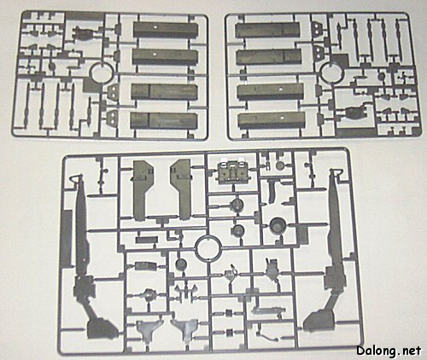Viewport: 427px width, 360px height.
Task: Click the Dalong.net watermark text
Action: [389, 351]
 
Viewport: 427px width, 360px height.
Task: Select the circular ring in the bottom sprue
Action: [196, 247]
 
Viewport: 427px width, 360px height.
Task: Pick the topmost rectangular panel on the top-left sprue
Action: [166, 31]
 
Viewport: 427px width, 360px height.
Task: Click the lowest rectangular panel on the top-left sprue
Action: [164, 120]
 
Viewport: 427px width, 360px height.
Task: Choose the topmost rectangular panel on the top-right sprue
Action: [269, 31]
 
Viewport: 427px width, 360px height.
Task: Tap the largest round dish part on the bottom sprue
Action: [277, 224]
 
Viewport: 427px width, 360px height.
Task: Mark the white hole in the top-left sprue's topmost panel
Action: [155, 28]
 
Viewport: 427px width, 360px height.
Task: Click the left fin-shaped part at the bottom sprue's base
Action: [149, 330]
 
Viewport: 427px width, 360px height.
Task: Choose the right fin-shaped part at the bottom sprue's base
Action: [185, 330]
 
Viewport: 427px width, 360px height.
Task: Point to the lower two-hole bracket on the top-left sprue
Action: [114, 118]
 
